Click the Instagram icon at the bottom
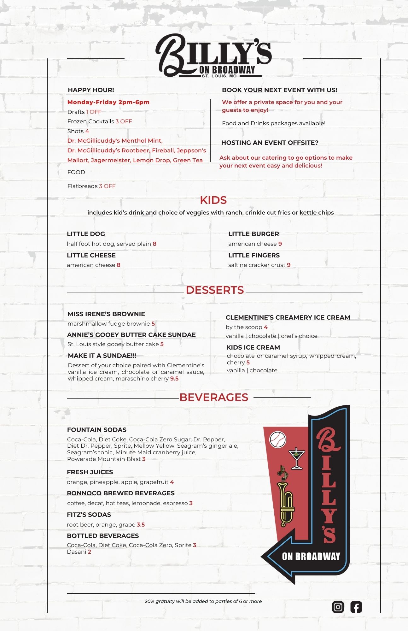pyautogui.click(x=338, y=607)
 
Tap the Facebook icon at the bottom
pyautogui.click(x=356, y=607)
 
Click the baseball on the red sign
pyautogui.click(x=278, y=439)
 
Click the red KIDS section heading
pyautogui.click(x=213, y=200)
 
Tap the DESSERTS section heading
pyautogui.click(x=215, y=290)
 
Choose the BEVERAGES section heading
pyautogui.click(x=214, y=397)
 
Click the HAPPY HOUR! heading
pyautogui.click(x=91, y=90)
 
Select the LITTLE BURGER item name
pyautogui.click(x=254, y=234)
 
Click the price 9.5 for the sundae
pyautogui.click(x=174, y=379)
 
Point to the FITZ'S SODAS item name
pyautogui.click(x=89, y=515)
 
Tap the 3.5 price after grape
pyautogui.click(x=141, y=525)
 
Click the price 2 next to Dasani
pyautogui.click(x=90, y=552)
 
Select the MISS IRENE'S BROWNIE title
pyautogui.click(x=106, y=314)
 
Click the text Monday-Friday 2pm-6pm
pyautogui.click(x=108, y=102)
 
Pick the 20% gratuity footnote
pyautogui.click(x=203, y=601)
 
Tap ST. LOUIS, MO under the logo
pyautogui.click(x=219, y=76)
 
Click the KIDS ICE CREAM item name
pyautogui.click(x=253, y=347)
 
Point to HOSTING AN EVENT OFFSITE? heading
pyautogui.click(x=270, y=143)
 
